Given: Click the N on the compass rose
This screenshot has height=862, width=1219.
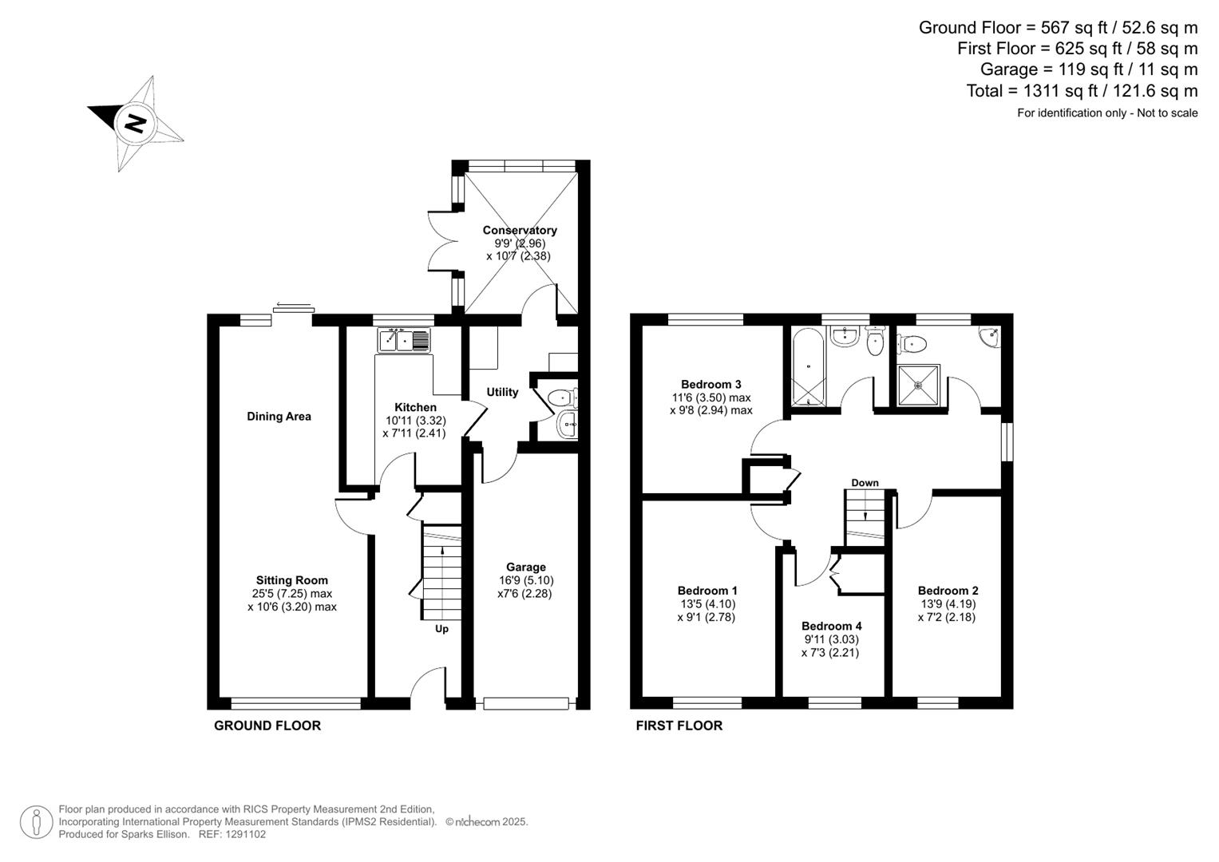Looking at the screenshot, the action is tap(135, 124).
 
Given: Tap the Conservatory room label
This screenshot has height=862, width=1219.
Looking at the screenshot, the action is tap(520, 230).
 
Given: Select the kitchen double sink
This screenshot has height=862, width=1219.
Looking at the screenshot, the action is tap(404, 340).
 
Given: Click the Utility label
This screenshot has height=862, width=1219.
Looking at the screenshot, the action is tap(502, 392).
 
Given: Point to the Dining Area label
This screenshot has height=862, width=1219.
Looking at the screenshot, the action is tap(279, 417).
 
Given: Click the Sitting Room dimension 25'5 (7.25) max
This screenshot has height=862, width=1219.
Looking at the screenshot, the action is tap(292, 594).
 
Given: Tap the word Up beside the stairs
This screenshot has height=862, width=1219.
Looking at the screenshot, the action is tap(442, 629).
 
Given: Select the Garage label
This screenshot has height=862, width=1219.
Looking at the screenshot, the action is tap(526, 567).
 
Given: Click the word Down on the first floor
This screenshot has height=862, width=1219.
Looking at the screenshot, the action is tap(865, 483).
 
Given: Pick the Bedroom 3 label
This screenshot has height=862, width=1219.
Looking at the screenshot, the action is tap(711, 384).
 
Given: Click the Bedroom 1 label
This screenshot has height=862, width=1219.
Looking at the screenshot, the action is tap(707, 591).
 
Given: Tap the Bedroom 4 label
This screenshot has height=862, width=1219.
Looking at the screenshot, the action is tap(832, 626).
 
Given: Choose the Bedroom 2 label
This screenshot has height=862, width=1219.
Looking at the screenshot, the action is tap(948, 591).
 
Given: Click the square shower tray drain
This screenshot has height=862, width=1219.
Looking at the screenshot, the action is tap(919, 386).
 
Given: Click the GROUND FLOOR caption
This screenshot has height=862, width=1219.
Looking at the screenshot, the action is tap(267, 726).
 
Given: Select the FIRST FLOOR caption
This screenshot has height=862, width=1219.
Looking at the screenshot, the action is tap(679, 726).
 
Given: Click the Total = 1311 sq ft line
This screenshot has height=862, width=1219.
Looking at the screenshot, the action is tap(1082, 91).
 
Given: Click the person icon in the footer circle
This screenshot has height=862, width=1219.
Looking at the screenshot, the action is tap(37, 822).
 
